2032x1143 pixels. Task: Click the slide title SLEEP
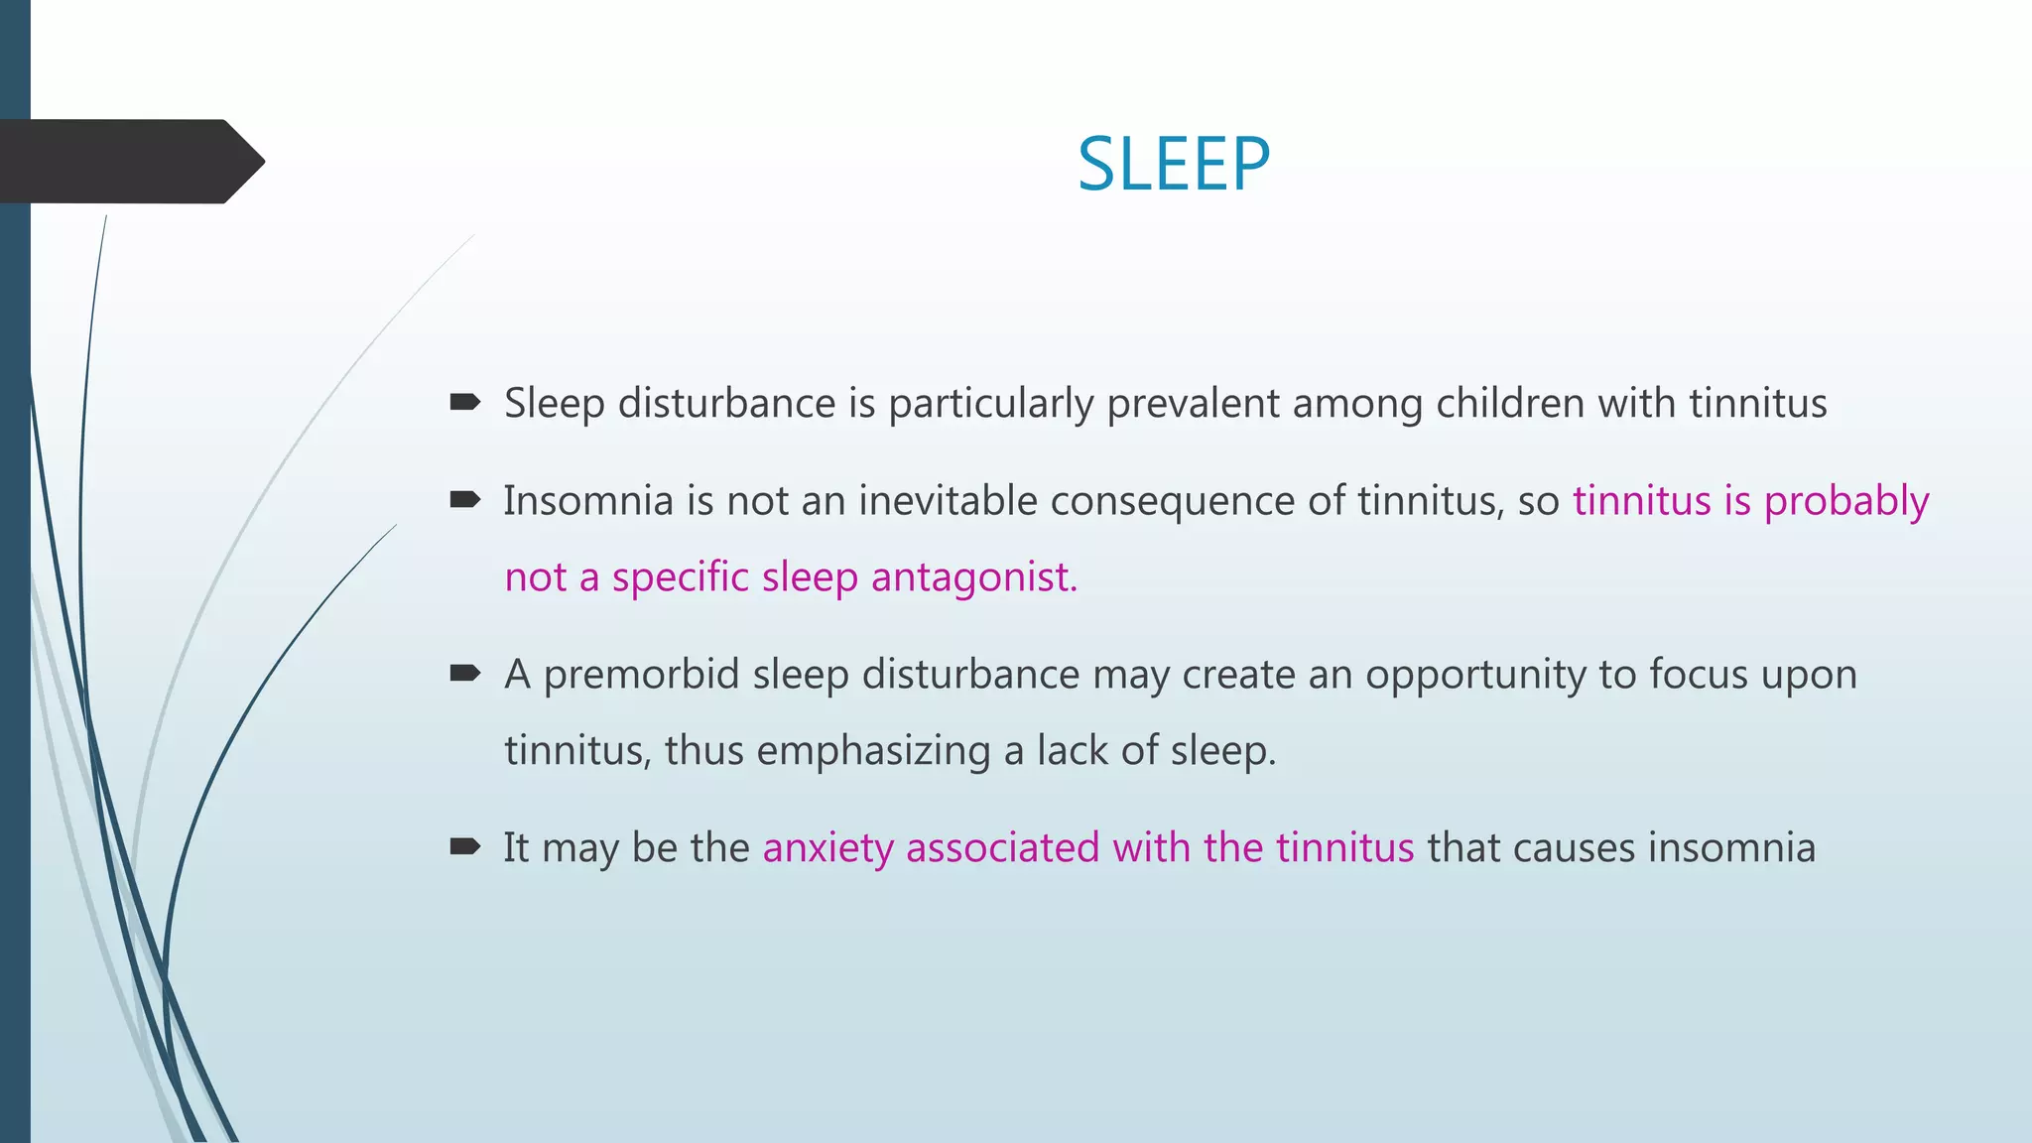coord(1173,164)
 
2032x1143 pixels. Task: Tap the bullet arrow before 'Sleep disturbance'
coord(464,402)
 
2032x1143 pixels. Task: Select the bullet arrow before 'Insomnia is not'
coord(464,499)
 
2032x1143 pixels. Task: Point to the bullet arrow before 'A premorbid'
coord(464,674)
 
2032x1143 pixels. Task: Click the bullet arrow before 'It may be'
coord(464,846)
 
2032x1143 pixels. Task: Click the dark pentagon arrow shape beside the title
coord(129,162)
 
